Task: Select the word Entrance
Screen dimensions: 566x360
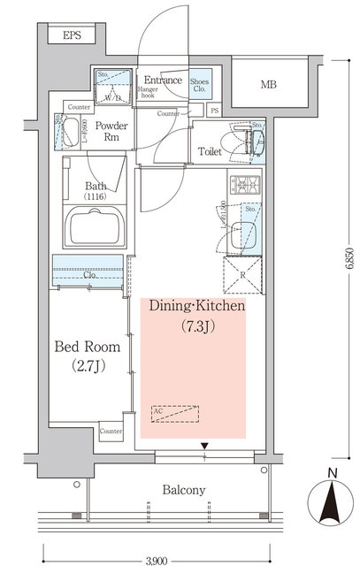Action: click(163, 80)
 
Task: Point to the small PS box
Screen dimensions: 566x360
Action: click(215, 111)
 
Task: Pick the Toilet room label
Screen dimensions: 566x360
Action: click(211, 150)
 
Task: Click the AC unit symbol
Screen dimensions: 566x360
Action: click(175, 413)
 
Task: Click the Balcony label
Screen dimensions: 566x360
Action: click(184, 490)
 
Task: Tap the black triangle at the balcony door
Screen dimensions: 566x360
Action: click(203, 446)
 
